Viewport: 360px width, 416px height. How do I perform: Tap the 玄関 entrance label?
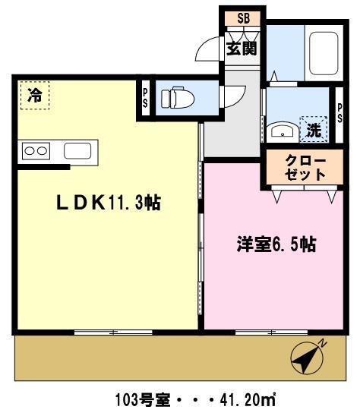point(242,48)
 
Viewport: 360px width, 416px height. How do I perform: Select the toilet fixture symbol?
point(175,99)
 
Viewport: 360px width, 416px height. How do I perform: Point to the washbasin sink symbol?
point(282,130)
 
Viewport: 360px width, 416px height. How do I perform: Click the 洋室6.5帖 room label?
point(275,244)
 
